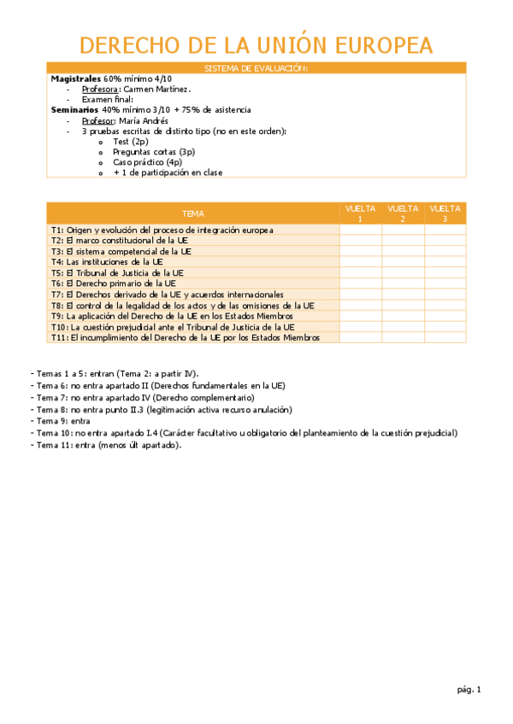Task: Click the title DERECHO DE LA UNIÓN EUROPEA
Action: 256,44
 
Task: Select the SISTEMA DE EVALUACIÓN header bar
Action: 256,67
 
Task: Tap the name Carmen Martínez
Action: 156,89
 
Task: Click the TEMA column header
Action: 193,213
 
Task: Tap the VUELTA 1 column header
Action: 360,213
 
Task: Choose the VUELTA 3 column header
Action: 445,213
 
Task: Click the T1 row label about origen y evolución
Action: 162,231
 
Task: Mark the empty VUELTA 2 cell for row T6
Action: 403,283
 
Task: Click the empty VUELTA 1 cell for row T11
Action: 360,337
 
